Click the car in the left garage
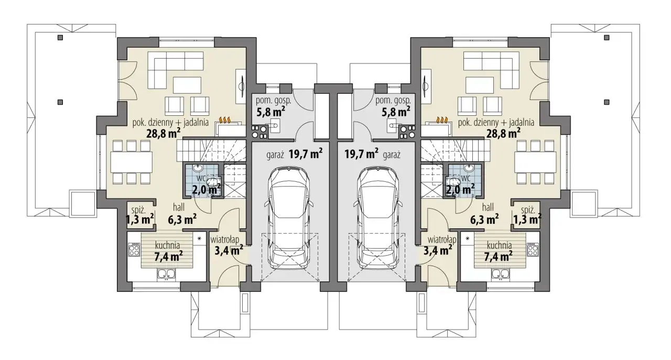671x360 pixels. pyautogui.click(x=289, y=218)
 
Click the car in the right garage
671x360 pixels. pyautogui.click(x=378, y=218)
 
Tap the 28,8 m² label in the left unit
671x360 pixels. pyautogui.click(x=163, y=134)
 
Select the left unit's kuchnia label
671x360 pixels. pyautogui.click(x=167, y=245)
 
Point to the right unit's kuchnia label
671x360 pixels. pyautogui.click(x=500, y=245)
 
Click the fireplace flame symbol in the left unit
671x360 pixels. pyautogui.click(x=225, y=120)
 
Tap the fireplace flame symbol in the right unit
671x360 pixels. pyautogui.click(x=442, y=120)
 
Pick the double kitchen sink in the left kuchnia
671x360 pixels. pyautogui.click(x=166, y=274)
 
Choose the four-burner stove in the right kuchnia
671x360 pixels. pyautogui.click(x=533, y=249)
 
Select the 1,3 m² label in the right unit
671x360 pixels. pyautogui.click(x=527, y=220)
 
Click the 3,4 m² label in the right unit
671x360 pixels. pyautogui.click(x=438, y=250)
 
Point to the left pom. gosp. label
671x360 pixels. pyautogui.click(x=273, y=101)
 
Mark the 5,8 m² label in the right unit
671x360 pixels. pyautogui.click(x=396, y=112)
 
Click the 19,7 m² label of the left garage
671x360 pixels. pyautogui.click(x=306, y=154)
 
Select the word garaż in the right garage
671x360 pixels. pyautogui.click(x=392, y=155)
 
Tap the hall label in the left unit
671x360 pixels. pyautogui.click(x=179, y=207)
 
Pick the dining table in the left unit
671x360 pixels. pyautogui.click(x=131, y=162)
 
